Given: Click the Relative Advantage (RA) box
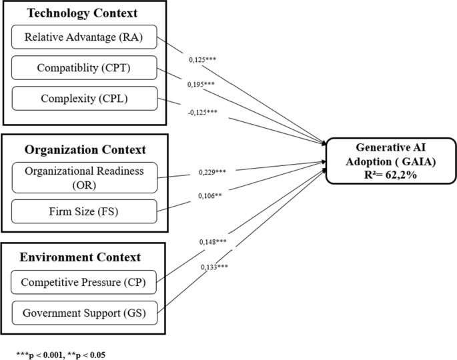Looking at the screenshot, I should (84, 37).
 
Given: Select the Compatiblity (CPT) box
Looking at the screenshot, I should (84, 67).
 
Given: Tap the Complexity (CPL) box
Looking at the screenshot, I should (84, 97).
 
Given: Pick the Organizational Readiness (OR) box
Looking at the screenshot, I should (84, 178).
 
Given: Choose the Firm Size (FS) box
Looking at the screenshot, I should (84, 211).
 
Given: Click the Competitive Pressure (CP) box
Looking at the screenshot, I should (84, 283).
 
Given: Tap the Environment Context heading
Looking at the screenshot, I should (79, 256).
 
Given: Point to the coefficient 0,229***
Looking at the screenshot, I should (213, 173).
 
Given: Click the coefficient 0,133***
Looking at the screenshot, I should (214, 267).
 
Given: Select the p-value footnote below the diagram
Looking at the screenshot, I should (61, 349).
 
